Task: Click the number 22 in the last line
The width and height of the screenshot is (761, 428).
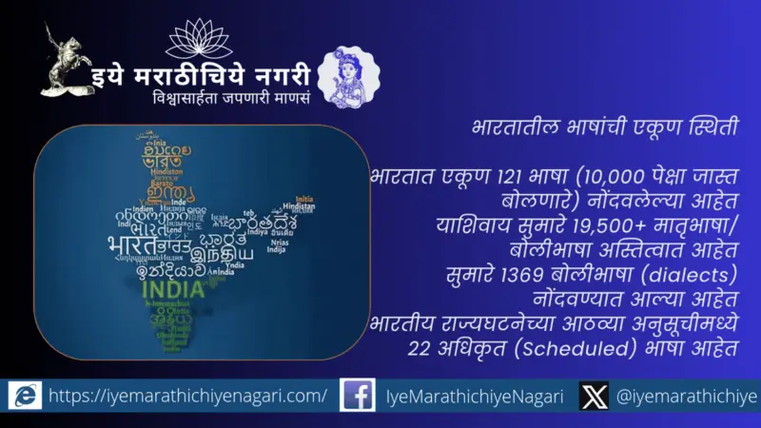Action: coord(418,349)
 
